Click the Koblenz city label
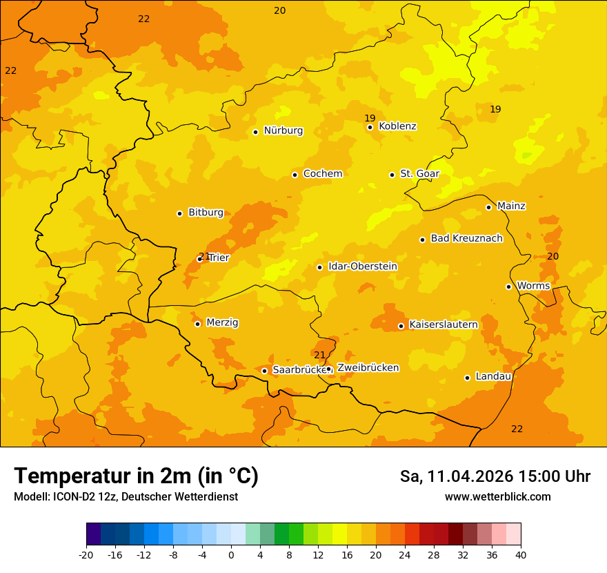coord(397,126)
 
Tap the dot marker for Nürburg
coord(255,132)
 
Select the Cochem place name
coord(322,174)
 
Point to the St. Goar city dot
coord(392,175)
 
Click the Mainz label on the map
coord(511,206)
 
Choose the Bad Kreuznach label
coord(466,239)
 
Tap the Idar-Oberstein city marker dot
coord(320,267)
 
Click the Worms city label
coord(533,286)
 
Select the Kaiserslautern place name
coord(444,324)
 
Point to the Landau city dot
coord(467,378)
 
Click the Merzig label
coord(222,323)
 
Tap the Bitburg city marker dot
coord(179,213)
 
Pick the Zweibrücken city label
coord(368,368)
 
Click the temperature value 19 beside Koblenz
coord(370,118)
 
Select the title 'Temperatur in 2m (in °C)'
coord(136,476)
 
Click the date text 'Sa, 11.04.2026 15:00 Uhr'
coord(495,476)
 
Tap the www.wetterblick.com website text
coord(497,496)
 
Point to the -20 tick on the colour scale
coord(86,554)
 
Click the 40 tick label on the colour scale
coord(521,554)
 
